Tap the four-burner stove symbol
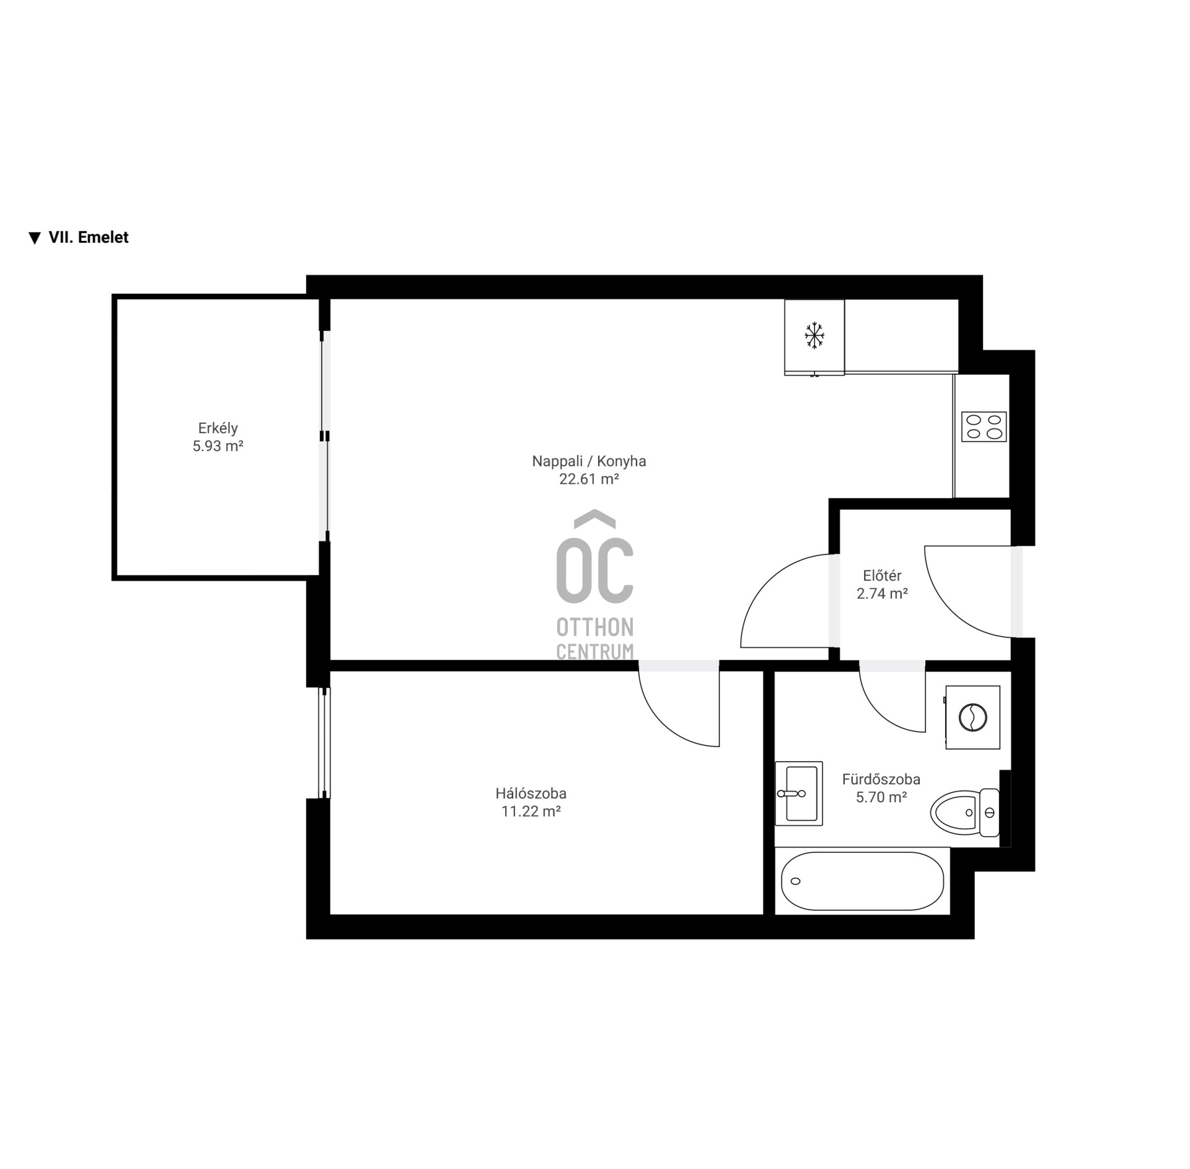tap(984, 427)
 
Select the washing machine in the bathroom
tap(972, 717)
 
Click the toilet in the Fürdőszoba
tap(965, 812)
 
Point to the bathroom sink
tap(799, 794)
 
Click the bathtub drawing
tap(862, 881)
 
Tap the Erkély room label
tap(218, 428)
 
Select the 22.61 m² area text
tap(589, 479)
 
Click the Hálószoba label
tap(531, 793)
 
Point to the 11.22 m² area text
tap(531, 811)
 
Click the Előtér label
tap(882, 576)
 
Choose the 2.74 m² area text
tap(882, 593)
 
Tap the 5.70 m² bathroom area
tap(881, 797)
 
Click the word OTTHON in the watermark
tap(595, 628)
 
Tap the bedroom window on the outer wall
tap(324, 743)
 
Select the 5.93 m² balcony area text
tap(218, 446)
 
